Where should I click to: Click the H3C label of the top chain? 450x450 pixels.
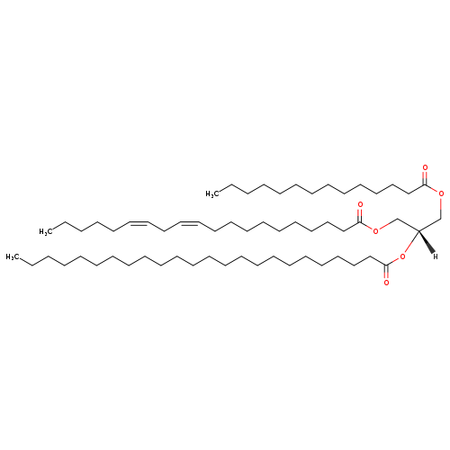click(211, 194)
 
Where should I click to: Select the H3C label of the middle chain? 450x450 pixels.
click(44, 231)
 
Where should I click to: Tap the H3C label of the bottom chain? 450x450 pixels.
click(11, 256)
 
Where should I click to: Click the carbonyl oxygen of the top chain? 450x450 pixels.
click(425, 167)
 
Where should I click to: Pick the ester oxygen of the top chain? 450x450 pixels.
click(441, 193)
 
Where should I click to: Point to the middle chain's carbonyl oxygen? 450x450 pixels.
click(360, 205)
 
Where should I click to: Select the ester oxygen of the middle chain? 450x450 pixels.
click(375, 230)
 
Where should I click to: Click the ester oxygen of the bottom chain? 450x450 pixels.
click(402, 256)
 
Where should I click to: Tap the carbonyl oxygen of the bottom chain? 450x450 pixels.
click(386, 283)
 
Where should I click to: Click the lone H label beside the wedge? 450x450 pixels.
click(436, 256)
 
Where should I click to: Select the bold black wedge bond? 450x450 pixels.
click(427, 242)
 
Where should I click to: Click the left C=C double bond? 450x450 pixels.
click(139, 223)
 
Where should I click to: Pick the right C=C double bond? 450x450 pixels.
click(189, 223)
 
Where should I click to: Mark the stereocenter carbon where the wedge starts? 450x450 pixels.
click(418, 231)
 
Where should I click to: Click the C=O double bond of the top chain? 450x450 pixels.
click(425, 178)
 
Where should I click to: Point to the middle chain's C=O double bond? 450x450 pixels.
click(360, 216)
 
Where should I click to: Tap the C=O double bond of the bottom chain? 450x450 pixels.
click(386, 272)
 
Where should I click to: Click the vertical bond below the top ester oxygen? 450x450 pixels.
click(441, 208)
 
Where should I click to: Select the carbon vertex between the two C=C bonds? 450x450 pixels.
click(164, 231)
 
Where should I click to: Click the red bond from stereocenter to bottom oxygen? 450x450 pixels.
click(412, 242)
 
